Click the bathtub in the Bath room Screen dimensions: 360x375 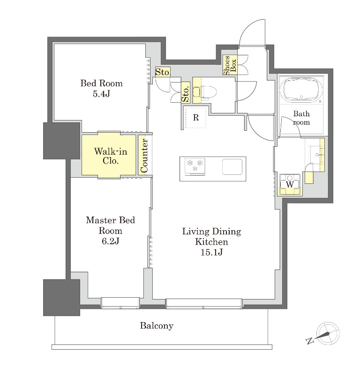pos(301,90)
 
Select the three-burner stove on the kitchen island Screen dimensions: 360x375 pos(195,166)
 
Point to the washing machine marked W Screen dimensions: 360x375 pos(290,185)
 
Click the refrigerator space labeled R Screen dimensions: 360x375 pos(196,118)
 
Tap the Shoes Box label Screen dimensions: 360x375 pos(230,65)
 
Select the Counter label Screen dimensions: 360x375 pos(144,156)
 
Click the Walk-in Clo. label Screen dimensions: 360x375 pos(110,156)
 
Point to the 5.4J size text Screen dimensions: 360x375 pos(101,94)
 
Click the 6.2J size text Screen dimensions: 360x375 pos(110,241)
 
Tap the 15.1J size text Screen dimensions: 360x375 pos(211,252)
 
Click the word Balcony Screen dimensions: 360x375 pos(157,326)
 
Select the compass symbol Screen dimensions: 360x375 pos(327,333)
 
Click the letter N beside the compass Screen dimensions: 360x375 pos(309,341)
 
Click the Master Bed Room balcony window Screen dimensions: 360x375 pos(120,303)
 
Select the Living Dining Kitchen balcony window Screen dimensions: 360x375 pos(204,303)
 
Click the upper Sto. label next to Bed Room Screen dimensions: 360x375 pos(163,72)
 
